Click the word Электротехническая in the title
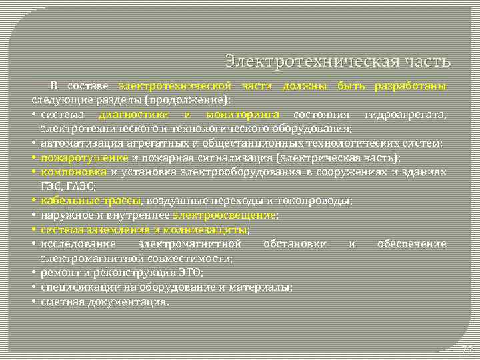click(311, 62)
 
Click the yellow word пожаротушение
click(84, 157)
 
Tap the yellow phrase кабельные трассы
click(90, 200)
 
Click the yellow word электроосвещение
click(224, 215)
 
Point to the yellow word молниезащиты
click(214, 229)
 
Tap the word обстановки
click(295, 243)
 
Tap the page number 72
click(467, 349)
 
